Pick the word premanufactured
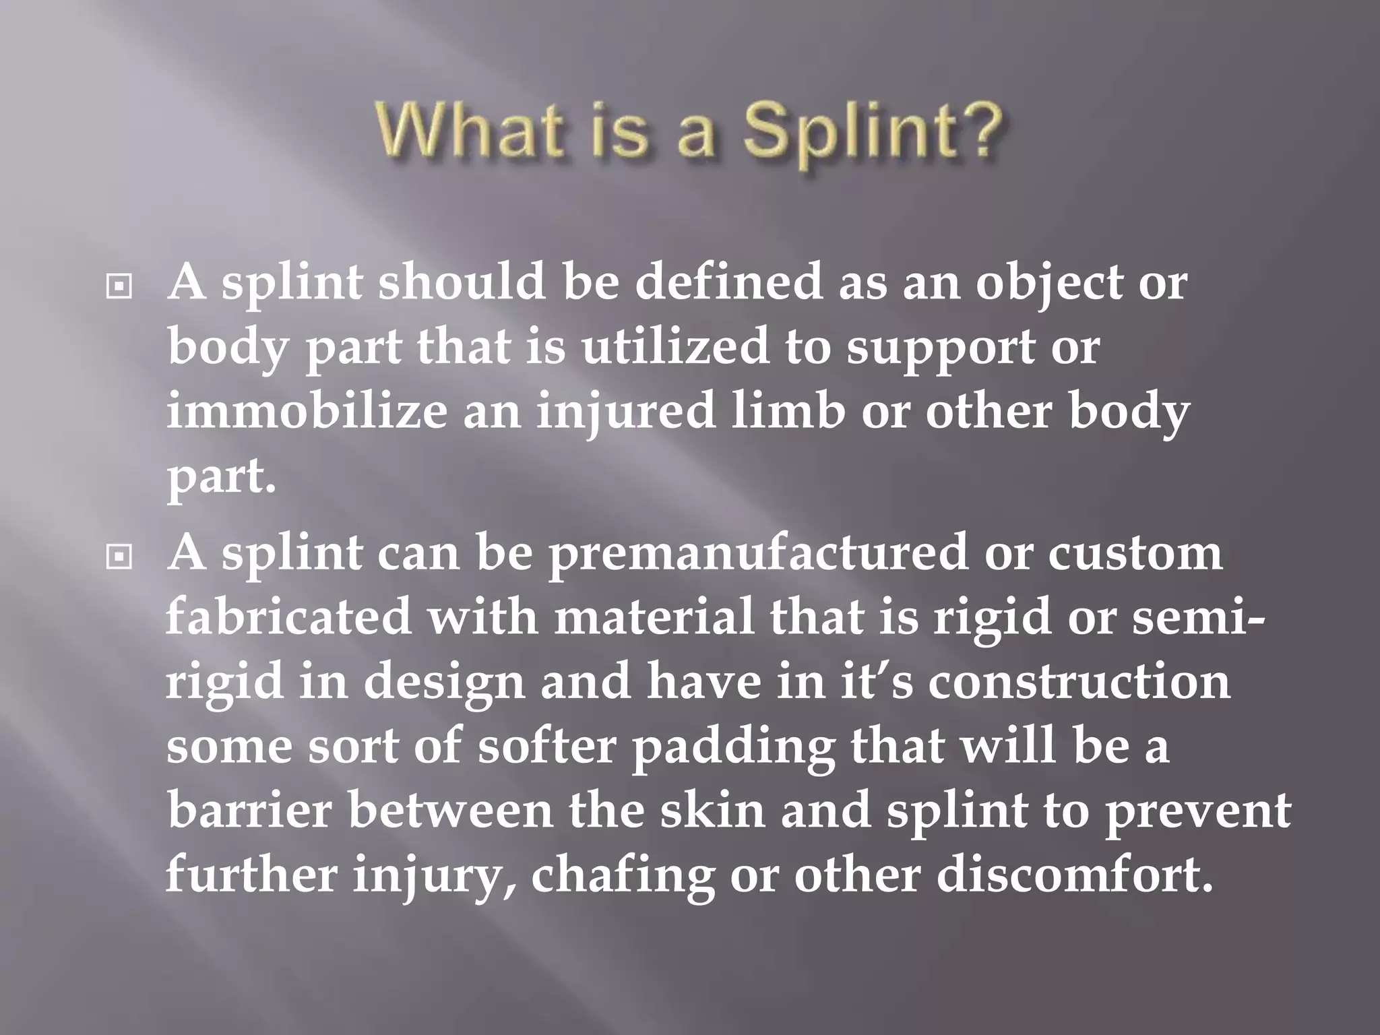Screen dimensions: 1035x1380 tap(757, 553)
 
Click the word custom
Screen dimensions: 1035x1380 tap(1135, 553)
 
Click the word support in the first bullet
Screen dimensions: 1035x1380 tap(940, 349)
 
